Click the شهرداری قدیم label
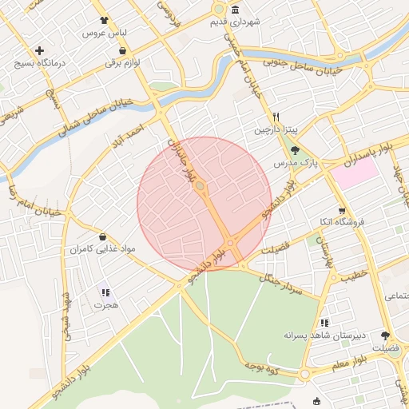(260, 23)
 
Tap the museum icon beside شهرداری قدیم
(235, 10)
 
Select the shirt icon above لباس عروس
(103, 22)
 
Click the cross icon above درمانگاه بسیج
(39, 50)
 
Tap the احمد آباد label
(130, 129)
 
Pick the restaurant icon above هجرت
(105, 292)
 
